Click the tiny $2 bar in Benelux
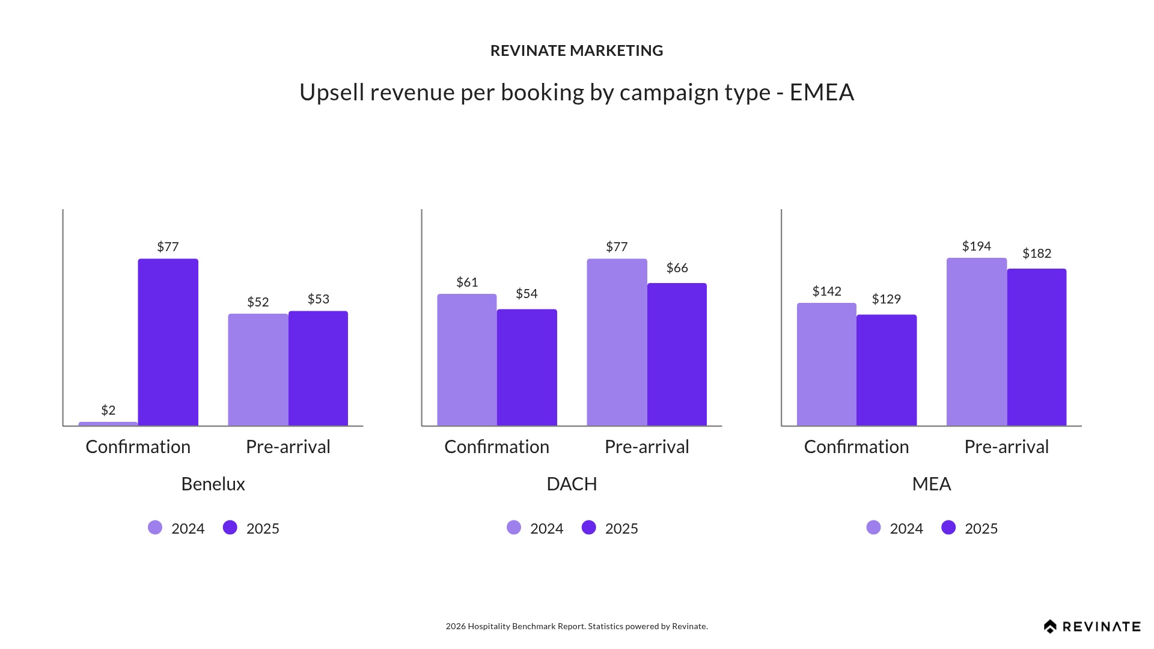pos(108,424)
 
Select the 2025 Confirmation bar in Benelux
pos(168,343)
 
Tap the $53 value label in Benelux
pos(319,299)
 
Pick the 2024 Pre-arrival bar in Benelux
pos(258,370)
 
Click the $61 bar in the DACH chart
pos(467,360)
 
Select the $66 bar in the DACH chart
pos(677,355)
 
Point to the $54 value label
pos(527,294)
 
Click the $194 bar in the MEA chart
pos(977,342)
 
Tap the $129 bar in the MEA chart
pos(887,370)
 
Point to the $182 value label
pos(1037,254)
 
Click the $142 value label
pos(826,291)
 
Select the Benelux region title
pos(213,484)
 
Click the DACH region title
pos(572,484)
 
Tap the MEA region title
pos(932,484)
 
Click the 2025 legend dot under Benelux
pos(230,528)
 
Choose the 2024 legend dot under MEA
pos(874,528)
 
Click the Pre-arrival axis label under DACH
pos(647,446)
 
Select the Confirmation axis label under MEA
pos(856,446)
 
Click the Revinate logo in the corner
pos(1092,627)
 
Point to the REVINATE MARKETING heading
pos(577,50)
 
